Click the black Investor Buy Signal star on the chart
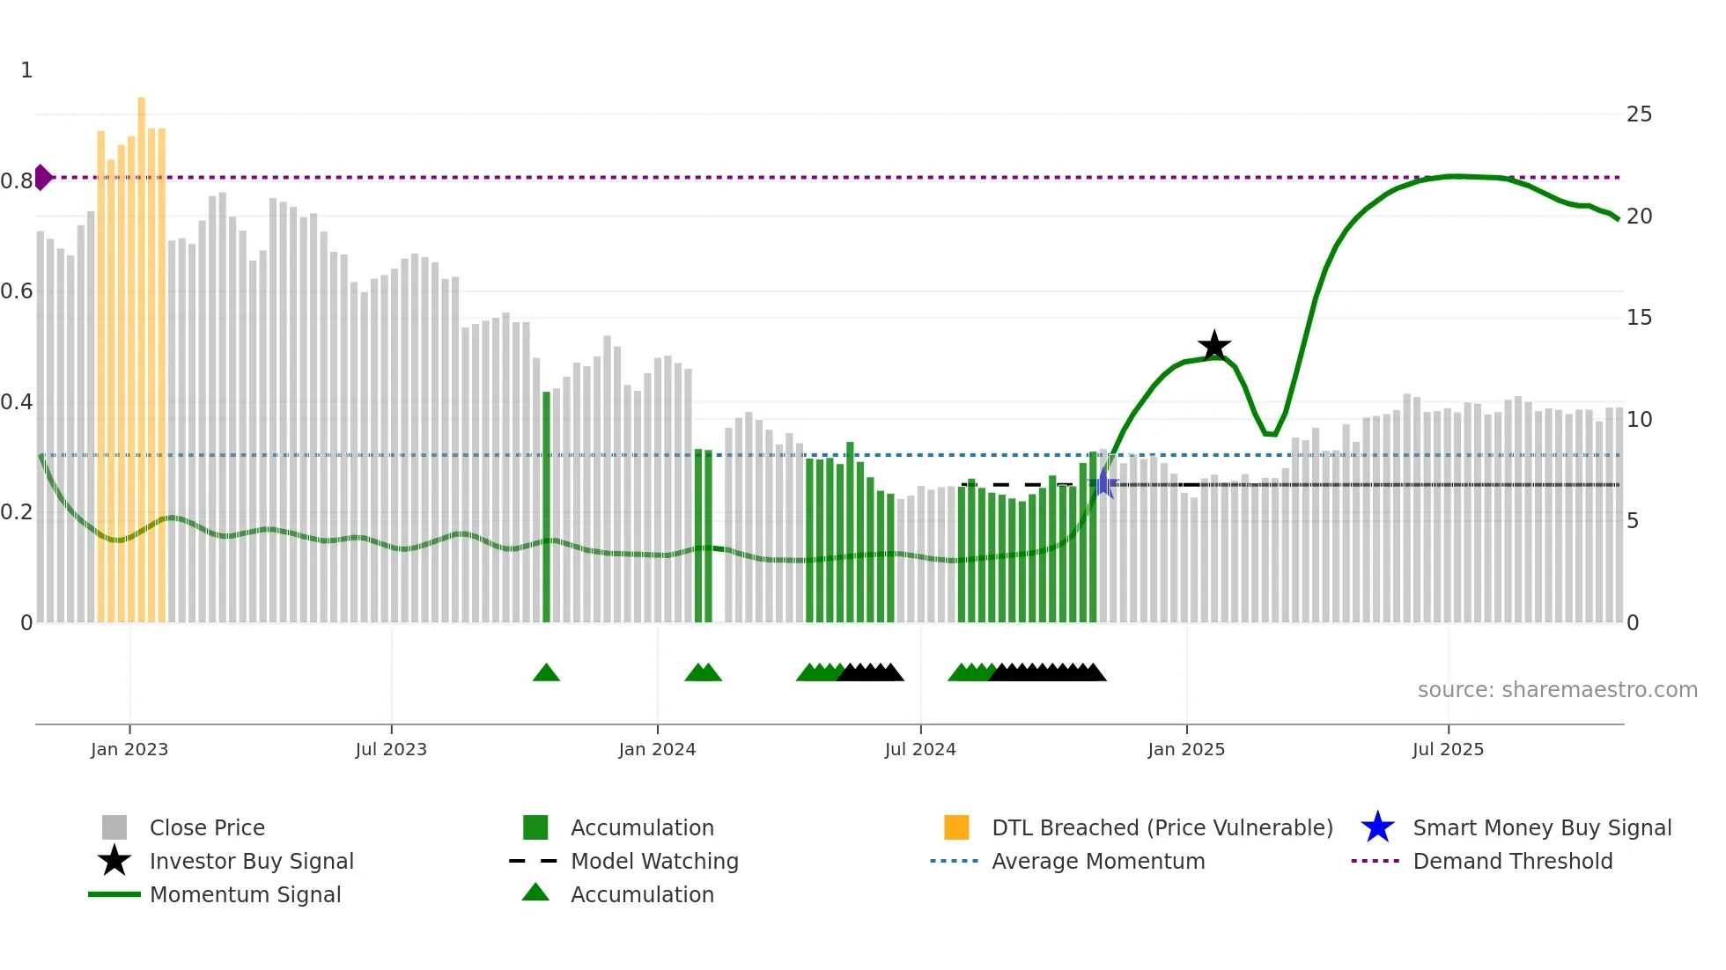1213,346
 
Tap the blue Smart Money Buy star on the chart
1103,483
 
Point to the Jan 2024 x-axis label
657,749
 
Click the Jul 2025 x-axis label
1448,749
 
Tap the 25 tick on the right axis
1638,114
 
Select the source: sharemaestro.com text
1557,690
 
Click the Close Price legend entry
207,827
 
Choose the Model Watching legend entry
654,861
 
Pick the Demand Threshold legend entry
1512,861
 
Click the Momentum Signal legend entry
245,894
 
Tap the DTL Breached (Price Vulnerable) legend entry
1162,827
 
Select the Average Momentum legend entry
1098,861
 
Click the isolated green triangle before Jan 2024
546,673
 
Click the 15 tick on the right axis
1638,318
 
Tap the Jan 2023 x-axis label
129,749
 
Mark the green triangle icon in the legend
535,893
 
